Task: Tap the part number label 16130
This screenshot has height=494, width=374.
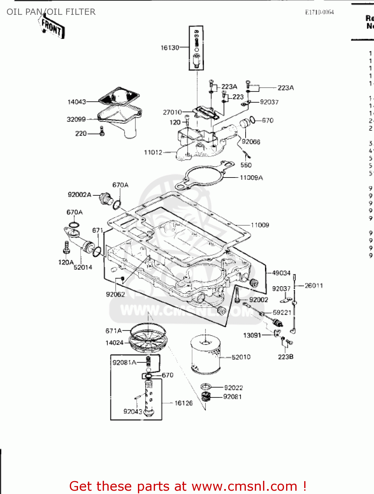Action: click(170, 48)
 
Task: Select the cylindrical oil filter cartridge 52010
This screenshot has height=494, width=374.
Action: click(205, 354)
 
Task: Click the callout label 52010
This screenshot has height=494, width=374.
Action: click(241, 357)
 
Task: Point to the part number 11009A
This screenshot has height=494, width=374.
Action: click(251, 178)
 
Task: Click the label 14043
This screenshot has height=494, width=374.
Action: click(76, 102)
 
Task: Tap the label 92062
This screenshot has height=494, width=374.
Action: click(115, 294)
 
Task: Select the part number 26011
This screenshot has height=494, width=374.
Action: click(314, 286)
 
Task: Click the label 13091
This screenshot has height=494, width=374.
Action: click(252, 335)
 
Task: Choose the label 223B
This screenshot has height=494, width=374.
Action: click(285, 357)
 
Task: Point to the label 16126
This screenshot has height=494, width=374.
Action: click(183, 403)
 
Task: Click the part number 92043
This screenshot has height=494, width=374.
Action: click(133, 411)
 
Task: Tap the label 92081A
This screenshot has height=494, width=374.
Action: click(124, 363)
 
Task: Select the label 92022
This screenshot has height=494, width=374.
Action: click(233, 388)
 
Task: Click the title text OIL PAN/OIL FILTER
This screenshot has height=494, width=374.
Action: click(51, 12)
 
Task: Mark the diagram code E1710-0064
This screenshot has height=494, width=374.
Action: click(319, 12)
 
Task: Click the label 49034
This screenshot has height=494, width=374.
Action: click(281, 273)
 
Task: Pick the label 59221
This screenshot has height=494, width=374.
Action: click(282, 313)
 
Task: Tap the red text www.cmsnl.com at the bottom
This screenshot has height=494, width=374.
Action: click(244, 486)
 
